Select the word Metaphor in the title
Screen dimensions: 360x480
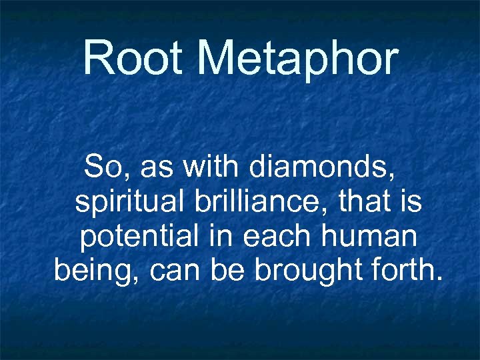(297, 58)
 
